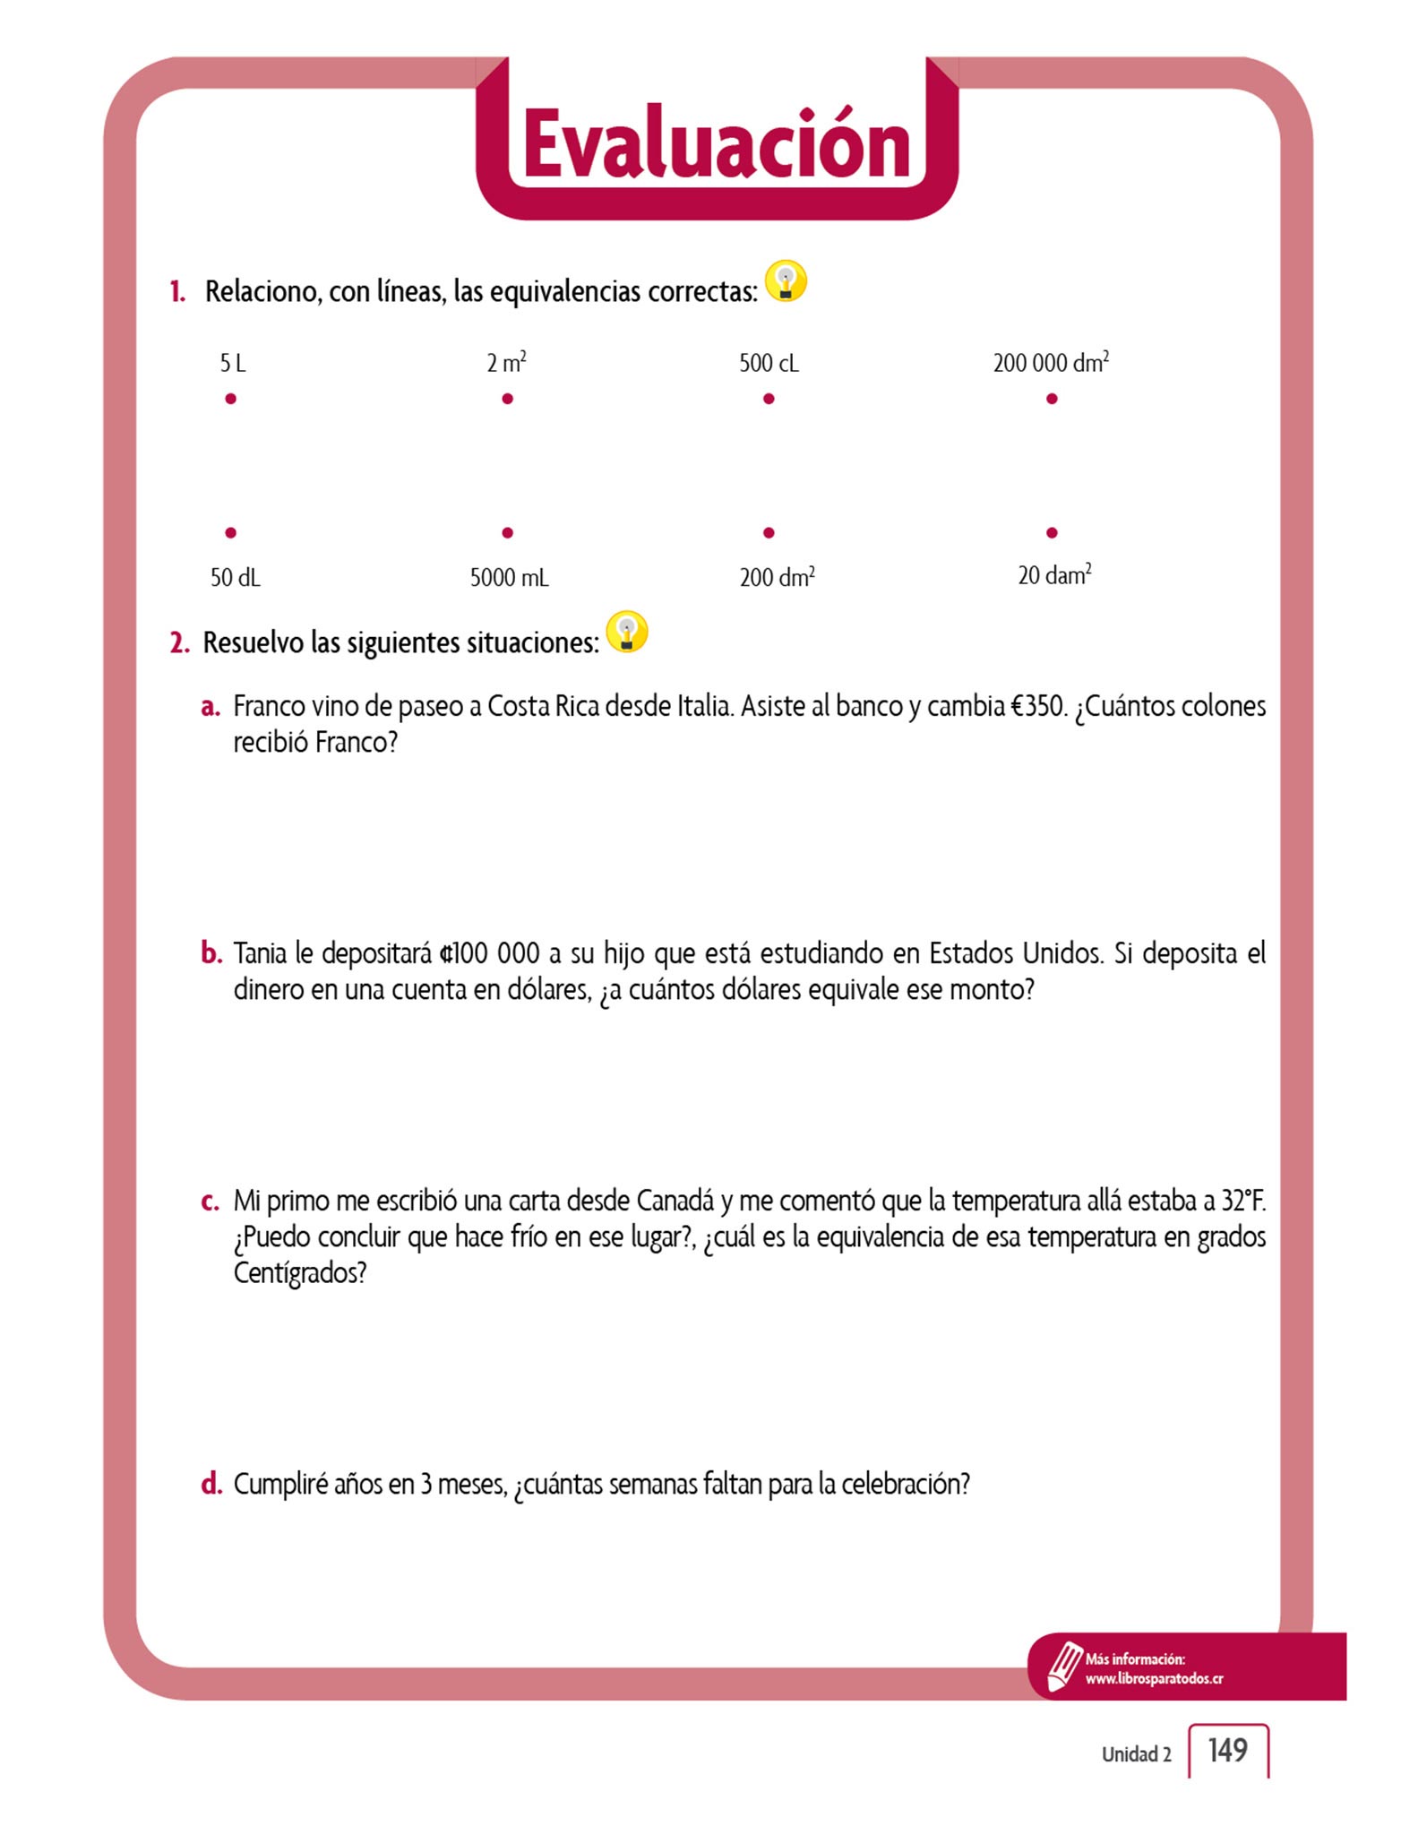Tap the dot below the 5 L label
coord(231,399)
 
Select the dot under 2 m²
coord(508,399)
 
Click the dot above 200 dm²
coord(769,533)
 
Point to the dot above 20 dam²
coord(1052,533)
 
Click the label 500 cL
coord(769,363)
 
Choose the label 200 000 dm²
coord(1051,363)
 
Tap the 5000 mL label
coord(509,578)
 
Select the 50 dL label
coord(235,578)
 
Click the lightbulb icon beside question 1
coord(786,281)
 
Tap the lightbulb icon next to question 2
coord(627,632)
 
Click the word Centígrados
coord(299,1273)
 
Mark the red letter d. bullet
coord(211,1485)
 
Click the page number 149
coord(1227,1750)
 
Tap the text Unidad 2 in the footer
coord(1136,1754)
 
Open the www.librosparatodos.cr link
coord(1154,1678)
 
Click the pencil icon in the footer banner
coord(1064,1666)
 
